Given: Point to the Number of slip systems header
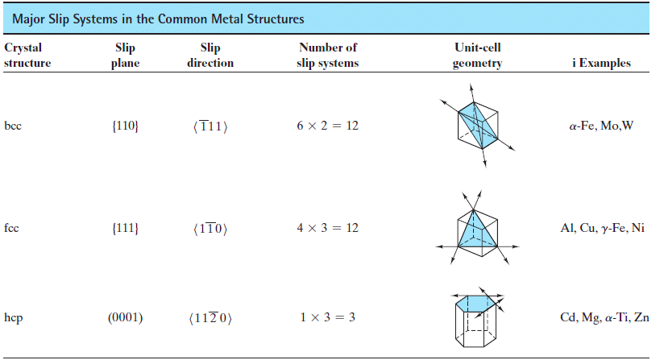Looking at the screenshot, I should point(327,56).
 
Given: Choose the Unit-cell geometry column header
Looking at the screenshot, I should point(478,56).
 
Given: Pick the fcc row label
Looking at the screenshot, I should point(12,228).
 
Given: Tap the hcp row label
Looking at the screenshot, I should point(14,317).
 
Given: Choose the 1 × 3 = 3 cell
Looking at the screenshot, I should point(327,317).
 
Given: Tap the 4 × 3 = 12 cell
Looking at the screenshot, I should point(327,228).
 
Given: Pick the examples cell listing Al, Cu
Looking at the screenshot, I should point(603,228).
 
